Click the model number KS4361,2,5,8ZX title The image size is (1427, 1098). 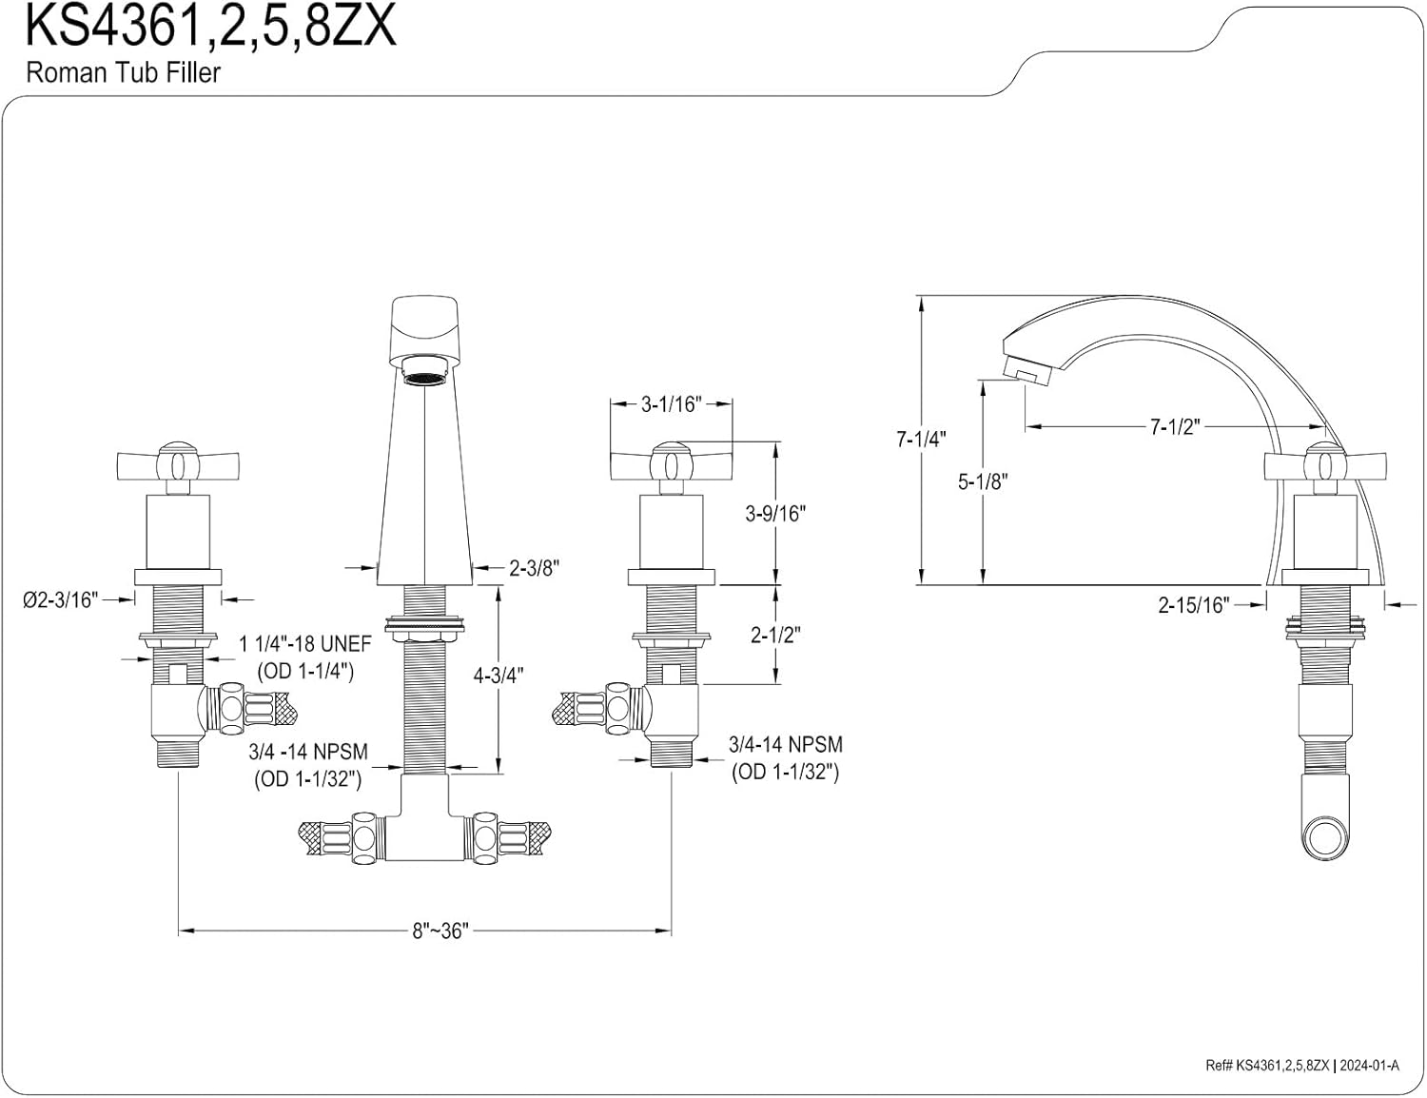coord(210,28)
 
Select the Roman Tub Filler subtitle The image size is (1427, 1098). coord(123,73)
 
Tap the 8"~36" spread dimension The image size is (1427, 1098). coord(440,930)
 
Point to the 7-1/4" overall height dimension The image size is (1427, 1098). coord(921,440)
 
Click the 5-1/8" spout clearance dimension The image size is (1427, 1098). coord(982,481)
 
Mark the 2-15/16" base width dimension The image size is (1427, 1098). coord(1193,604)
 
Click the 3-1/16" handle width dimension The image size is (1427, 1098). coord(671,404)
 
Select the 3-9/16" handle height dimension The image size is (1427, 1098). coord(775,513)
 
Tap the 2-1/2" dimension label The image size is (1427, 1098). coord(775,635)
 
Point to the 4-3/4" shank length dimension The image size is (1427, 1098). coord(498,676)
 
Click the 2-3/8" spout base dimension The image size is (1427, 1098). coord(534,569)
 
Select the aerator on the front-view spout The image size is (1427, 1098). coord(424,371)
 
